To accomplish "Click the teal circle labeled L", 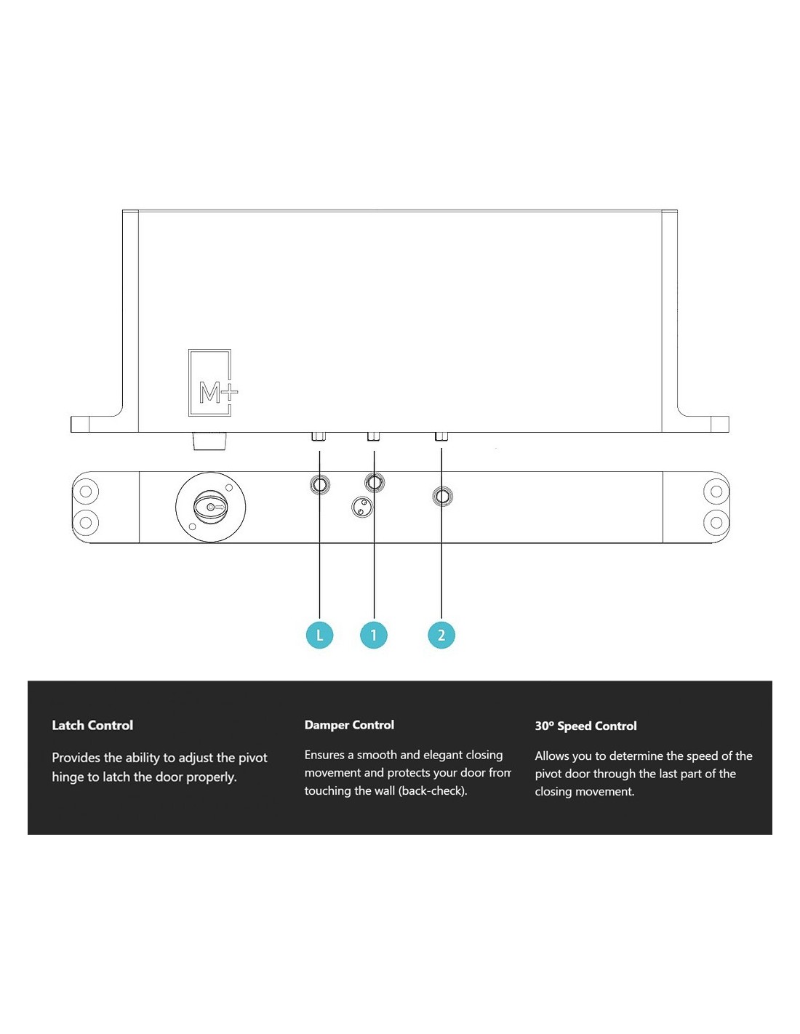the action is (319, 635).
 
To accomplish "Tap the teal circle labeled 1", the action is (374, 635).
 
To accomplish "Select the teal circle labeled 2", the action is (441, 635).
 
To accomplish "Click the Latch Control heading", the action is (92, 725).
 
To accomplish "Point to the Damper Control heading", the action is (349, 725).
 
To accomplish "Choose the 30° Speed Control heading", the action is (585, 726).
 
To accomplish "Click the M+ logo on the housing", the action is (213, 383).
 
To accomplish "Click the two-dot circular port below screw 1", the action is (361, 506).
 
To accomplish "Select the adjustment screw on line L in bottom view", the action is (319, 485).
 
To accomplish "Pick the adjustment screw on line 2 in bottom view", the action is (442, 497).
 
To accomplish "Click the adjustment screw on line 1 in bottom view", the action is (375, 483).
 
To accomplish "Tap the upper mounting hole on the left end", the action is (86, 491).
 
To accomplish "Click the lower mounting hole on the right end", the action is (716, 523).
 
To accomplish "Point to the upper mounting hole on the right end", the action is (716, 491).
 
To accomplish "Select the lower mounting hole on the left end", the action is (86, 523).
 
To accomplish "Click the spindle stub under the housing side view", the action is (209, 441).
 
